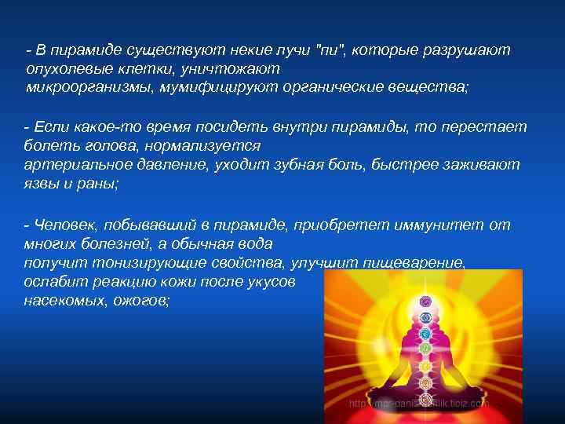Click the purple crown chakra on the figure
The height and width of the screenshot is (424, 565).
[426, 301]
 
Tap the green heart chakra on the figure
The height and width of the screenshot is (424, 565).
[425, 348]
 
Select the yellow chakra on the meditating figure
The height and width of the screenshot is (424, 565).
[425, 366]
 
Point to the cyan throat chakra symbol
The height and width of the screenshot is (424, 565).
[425, 333]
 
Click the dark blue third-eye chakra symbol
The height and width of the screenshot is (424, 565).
[426, 317]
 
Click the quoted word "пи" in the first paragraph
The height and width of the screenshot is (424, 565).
[331, 50]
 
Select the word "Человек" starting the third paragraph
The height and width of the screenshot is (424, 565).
[65, 226]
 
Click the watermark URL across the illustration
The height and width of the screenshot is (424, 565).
[419, 403]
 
